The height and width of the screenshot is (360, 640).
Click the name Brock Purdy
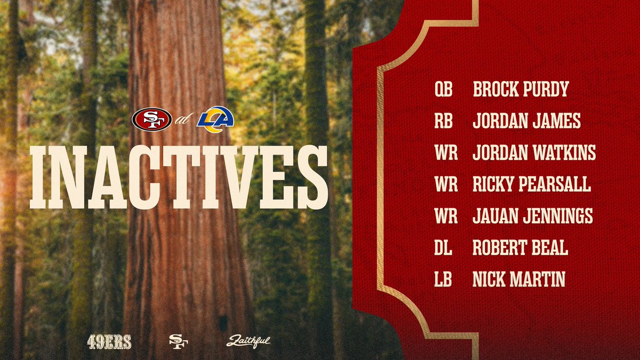tap(520, 90)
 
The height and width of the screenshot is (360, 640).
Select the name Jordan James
tap(526, 121)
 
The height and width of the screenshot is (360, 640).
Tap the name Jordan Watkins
tap(534, 153)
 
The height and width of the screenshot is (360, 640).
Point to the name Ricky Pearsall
tap(531, 185)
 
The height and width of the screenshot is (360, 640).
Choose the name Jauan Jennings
tap(532, 216)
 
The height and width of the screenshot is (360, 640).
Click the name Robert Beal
tap(520, 247)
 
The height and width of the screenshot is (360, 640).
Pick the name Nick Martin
tap(518, 279)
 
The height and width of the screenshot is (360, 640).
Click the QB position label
tap(443, 90)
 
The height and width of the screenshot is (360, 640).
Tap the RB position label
tap(443, 121)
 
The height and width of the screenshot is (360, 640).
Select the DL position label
tap(443, 247)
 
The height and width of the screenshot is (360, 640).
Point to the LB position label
tap(443, 279)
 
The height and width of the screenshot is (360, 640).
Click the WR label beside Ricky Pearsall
tap(446, 185)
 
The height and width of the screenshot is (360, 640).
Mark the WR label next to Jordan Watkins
tap(446, 153)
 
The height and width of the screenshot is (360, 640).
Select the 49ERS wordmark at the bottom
tap(109, 342)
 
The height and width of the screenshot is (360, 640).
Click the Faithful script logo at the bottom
tap(249, 341)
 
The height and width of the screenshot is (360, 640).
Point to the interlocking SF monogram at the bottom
tap(178, 341)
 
